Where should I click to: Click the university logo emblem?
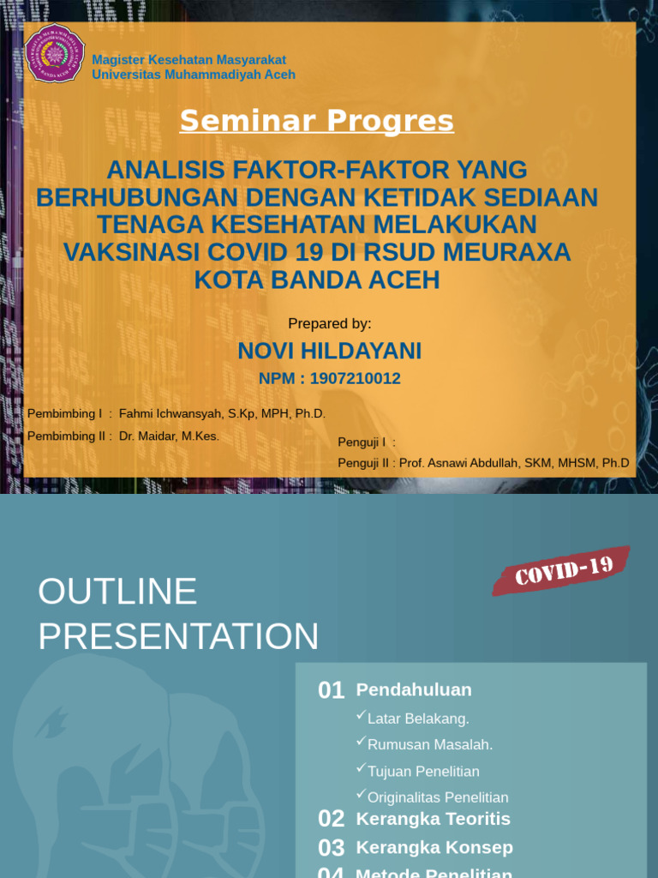(56, 53)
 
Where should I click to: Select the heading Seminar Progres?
(316, 122)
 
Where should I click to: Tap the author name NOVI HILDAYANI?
(329, 351)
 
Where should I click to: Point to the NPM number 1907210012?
(355, 378)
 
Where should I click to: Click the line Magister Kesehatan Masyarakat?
(188, 59)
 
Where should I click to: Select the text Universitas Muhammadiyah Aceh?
(194, 75)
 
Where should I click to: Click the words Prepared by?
(329, 323)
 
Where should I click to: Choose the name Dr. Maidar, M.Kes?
(169, 436)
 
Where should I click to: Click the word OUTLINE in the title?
(117, 592)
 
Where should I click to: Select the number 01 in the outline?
(331, 690)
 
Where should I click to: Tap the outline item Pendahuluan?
(414, 689)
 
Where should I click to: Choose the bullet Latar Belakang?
(418, 719)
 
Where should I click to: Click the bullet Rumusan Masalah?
(430, 744)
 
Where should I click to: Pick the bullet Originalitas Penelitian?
(438, 797)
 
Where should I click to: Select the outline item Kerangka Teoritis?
(433, 819)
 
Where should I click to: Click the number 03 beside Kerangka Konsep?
(331, 848)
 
